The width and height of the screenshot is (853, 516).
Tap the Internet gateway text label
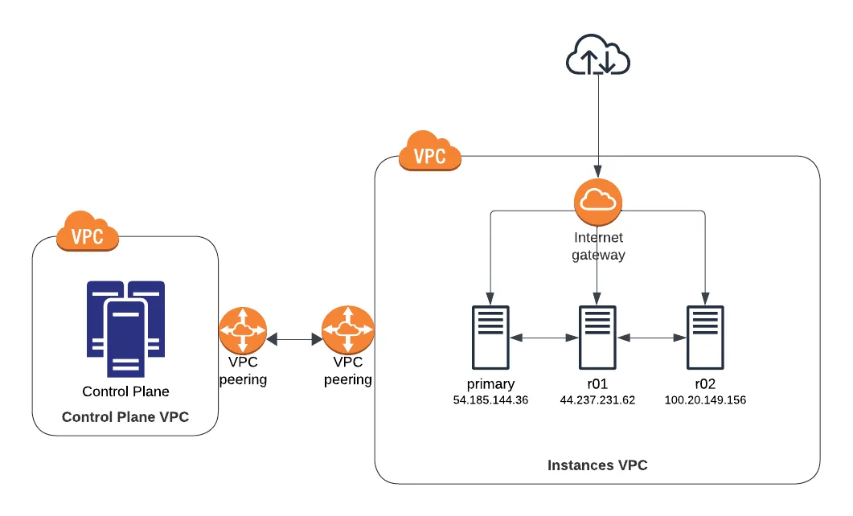click(x=598, y=247)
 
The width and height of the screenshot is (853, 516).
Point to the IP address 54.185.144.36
click(x=490, y=400)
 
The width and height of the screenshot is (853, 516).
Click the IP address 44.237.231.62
click(x=597, y=400)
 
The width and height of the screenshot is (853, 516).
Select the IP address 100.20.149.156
click(x=705, y=400)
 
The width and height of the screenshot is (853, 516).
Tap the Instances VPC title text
click(x=597, y=465)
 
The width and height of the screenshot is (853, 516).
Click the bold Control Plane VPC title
click(x=125, y=417)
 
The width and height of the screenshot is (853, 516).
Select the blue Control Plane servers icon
click(x=126, y=327)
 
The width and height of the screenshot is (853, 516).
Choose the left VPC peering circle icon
click(x=242, y=331)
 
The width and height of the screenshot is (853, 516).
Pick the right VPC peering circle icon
click(x=347, y=330)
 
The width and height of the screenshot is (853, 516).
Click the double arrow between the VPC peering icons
click(x=294, y=340)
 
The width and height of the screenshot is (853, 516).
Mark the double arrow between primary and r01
click(x=543, y=338)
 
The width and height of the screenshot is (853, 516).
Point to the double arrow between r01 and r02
click(x=651, y=338)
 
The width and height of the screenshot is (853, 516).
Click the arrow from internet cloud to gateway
click(x=597, y=129)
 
